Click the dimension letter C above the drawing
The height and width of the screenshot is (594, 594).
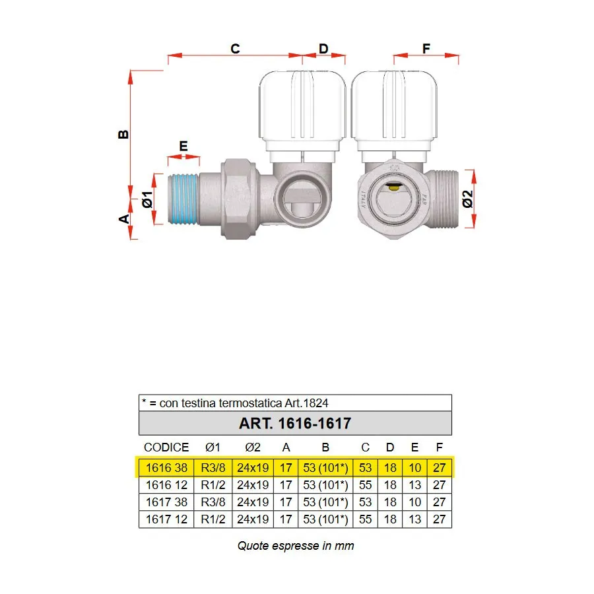click(235, 48)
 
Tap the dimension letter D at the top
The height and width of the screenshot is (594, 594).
click(323, 48)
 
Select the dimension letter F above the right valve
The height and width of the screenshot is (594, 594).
click(426, 48)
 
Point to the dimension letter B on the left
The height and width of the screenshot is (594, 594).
click(123, 135)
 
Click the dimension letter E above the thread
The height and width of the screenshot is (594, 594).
click(183, 146)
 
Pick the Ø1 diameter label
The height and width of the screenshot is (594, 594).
click(147, 199)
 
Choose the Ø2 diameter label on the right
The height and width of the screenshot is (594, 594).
click(468, 199)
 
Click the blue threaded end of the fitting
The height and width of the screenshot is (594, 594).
click(183, 199)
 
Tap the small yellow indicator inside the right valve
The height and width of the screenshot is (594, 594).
click(394, 186)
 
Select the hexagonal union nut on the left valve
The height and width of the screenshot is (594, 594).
click(238, 199)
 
